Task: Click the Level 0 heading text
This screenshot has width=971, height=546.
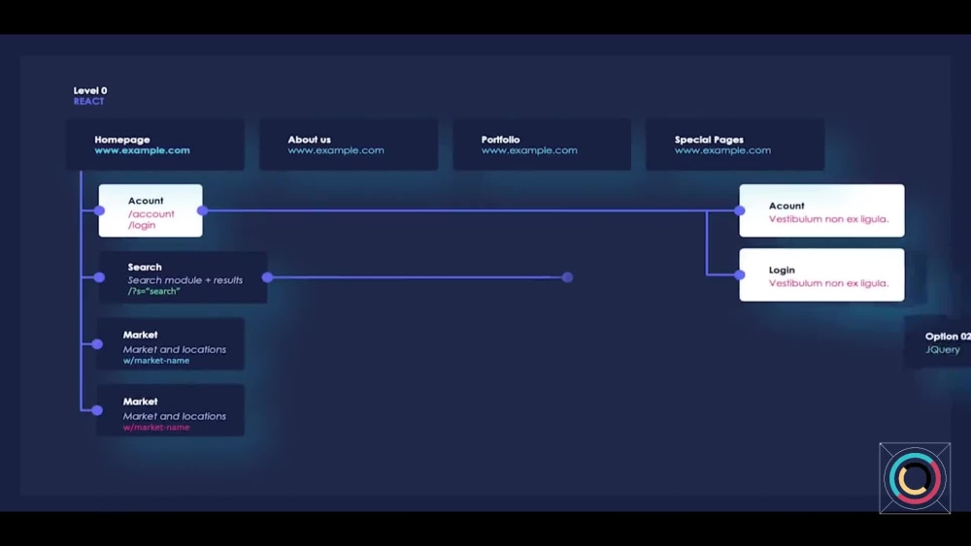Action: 90,90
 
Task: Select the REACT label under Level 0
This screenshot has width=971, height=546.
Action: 88,102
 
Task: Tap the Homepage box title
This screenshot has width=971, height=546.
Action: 122,140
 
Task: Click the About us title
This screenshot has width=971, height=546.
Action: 309,140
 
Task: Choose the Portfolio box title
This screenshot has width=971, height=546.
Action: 500,140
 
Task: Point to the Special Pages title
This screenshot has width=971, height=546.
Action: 709,140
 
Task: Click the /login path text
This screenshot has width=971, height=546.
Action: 142,225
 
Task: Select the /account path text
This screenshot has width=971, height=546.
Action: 151,214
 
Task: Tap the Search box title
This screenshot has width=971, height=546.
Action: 145,267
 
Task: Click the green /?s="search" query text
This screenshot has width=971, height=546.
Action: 153,291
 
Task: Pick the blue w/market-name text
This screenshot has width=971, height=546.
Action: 156,361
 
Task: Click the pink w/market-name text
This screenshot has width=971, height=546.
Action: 156,428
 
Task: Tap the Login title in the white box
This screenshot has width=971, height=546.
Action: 782,271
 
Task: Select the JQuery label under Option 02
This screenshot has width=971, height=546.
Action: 943,349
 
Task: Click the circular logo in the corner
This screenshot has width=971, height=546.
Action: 915,478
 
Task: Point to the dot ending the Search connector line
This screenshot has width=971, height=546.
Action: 567,277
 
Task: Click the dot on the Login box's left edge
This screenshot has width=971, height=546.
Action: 739,274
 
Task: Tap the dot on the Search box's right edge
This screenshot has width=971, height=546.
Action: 268,277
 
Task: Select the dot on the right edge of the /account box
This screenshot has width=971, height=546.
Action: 203,210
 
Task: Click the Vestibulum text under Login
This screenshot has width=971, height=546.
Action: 828,283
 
